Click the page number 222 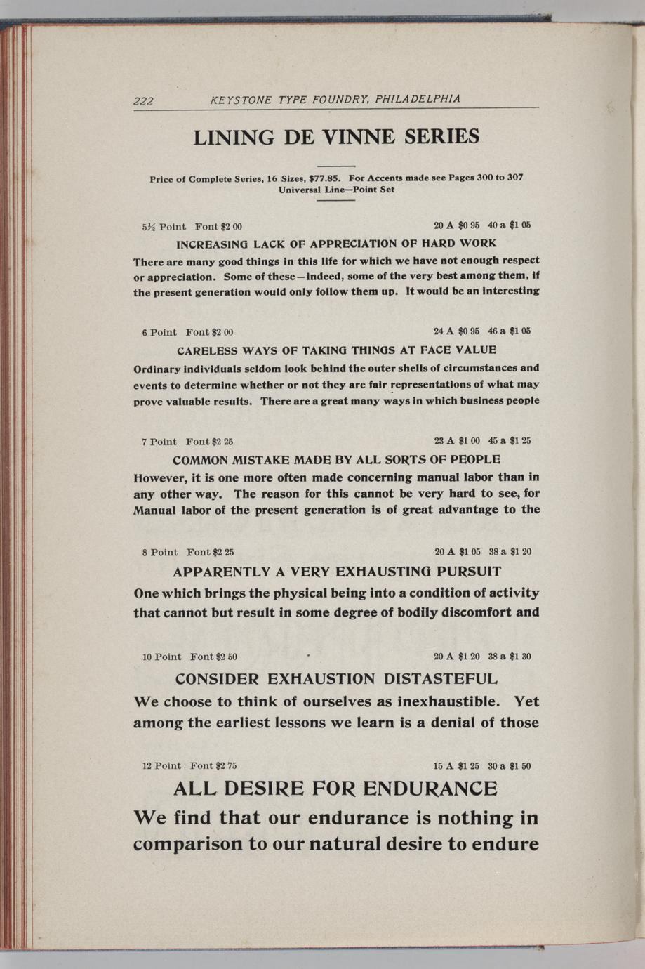pyautogui.click(x=143, y=100)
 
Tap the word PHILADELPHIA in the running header pyautogui.click(x=418, y=99)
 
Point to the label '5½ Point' pyautogui.click(x=164, y=226)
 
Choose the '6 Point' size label pyautogui.click(x=159, y=332)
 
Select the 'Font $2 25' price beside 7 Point pyautogui.click(x=209, y=442)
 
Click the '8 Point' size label pyautogui.click(x=159, y=552)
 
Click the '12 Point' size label pyautogui.click(x=161, y=765)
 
